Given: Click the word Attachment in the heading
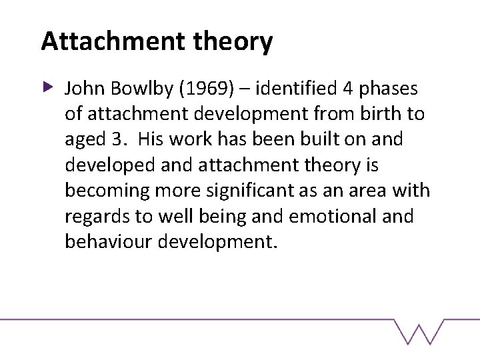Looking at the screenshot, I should click(111, 41).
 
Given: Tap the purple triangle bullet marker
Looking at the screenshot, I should click(48, 87).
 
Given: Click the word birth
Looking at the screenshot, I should click(377, 114).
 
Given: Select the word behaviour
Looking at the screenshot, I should click(109, 241).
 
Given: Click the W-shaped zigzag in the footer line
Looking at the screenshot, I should click(419, 331).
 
